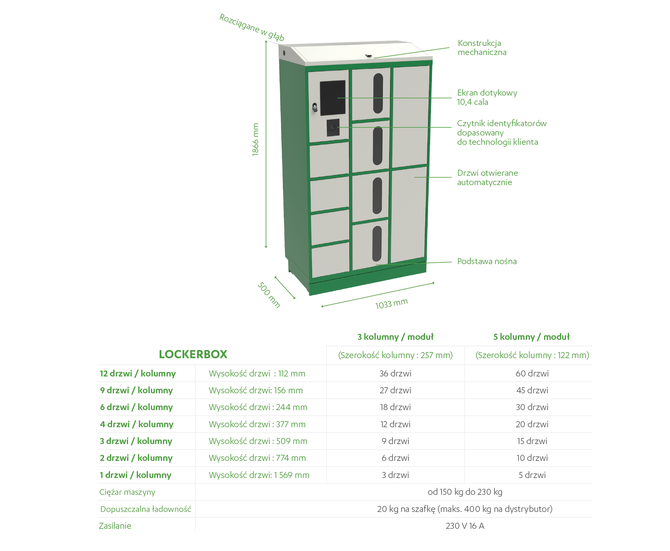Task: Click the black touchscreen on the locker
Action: coord(332,98)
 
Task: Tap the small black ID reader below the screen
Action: coord(333,128)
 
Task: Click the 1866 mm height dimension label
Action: coord(255,140)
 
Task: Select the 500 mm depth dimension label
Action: coord(269,295)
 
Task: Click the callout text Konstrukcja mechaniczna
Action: coord(482,47)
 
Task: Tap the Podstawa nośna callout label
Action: coord(487,261)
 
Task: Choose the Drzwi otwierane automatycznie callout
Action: coord(488,178)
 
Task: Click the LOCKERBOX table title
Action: coord(193,354)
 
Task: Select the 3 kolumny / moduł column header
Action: coord(395,337)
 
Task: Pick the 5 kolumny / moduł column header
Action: coord(531,337)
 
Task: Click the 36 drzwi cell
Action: coord(395,373)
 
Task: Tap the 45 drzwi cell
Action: coord(532,390)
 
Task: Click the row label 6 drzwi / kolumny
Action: coord(136,407)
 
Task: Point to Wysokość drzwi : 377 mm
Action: coord(257,424)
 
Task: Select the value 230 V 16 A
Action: coord(465,526)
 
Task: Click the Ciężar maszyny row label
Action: coord(127,492)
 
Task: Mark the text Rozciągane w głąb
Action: coord(252,27)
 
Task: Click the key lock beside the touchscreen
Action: coord(315,107)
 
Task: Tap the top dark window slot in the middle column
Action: coord(378,93)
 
